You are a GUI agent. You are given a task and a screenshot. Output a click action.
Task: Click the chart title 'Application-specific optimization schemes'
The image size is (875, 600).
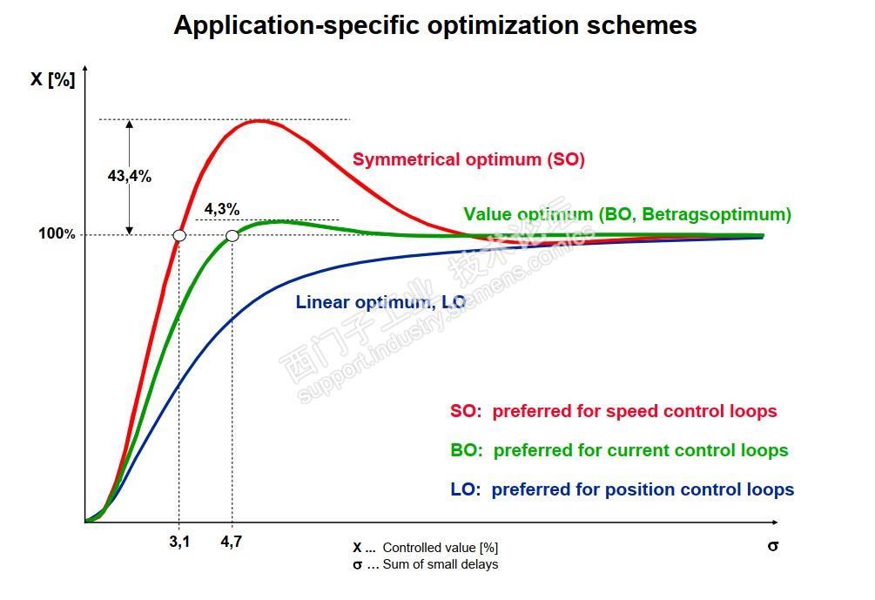pyautogui.click(x=434, y=24)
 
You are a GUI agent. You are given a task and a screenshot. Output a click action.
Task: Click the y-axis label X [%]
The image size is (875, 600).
pyautogui.click(x=53, y=79)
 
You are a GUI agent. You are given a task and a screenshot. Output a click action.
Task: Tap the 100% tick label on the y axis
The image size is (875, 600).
pyautogui.click(x=57, y=234)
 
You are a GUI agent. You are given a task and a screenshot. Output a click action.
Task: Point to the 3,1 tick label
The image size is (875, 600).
pyautogui.click(x=179, y=541)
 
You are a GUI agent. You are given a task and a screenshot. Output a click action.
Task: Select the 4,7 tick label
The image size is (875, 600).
pyautogui.click(x=232, y=541)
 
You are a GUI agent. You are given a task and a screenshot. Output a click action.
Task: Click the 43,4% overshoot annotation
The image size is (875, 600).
pyautogui.click(x=130, y=176)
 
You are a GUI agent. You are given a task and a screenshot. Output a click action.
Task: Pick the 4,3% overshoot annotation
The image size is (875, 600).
pyautogui.click(x=222, y=209)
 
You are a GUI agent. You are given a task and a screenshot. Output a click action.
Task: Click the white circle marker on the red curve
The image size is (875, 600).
pyautogui.click(x=179, y=235)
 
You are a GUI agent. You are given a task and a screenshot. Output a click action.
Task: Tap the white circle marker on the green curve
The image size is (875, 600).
pyautogui.click(x=232, y=235)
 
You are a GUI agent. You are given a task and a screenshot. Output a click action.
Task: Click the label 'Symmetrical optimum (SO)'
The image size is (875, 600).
pyautogui.click(x=468, y=159)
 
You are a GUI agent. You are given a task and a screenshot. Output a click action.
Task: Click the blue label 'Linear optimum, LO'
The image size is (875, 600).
pyautogui.click(x=380, y=302)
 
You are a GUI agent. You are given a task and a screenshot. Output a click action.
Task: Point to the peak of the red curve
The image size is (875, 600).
pyautogui.click(x=259, y=120)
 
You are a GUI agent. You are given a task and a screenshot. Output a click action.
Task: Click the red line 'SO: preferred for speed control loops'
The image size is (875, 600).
pyautogui.click(x=613, y=411)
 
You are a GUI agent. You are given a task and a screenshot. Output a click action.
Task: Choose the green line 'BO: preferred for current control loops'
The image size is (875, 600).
pyautogui.click(x=619, y=450)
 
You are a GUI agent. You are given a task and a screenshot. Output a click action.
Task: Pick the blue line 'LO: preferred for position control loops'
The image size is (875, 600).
pyautogui.click(x=622, y=489)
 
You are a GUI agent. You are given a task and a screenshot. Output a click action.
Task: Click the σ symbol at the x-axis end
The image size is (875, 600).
pyautogui.click(x=772, y=546)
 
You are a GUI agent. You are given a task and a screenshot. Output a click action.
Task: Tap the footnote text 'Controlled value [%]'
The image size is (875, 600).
pyautogui.click(x=440, y=548)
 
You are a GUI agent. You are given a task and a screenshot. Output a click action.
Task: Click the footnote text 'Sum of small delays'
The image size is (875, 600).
pyautogui.click(x=440, y=564)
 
